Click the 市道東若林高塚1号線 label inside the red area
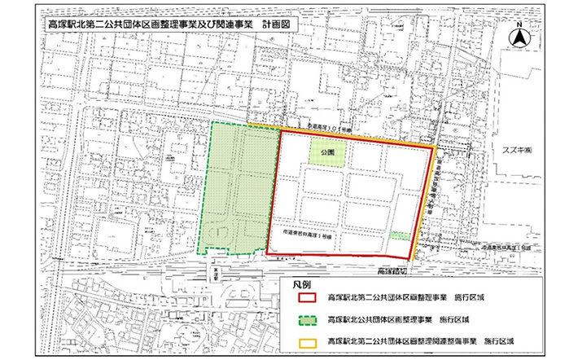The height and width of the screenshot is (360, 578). pos(300,233)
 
